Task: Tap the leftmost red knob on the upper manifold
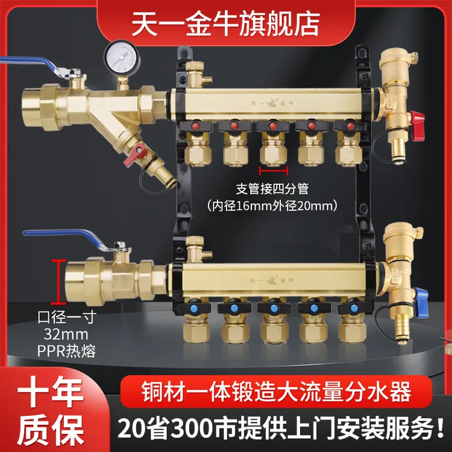(195, 126)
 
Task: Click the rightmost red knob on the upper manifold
(350, 126)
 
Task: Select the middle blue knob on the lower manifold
(274, 309)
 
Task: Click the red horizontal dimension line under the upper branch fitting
(274, 171)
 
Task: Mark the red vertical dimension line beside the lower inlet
(58, 281)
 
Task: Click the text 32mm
(66, 334)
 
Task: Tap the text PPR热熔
(66, 351)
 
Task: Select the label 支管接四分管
(272, 189)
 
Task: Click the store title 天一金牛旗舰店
(226, 24)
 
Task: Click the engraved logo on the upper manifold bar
(272, 102)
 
